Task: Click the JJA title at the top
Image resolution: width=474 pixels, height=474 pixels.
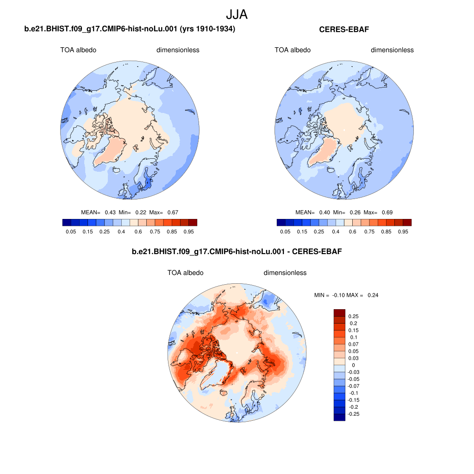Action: click(237, 14)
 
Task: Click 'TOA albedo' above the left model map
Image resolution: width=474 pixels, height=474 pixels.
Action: click(78, 50)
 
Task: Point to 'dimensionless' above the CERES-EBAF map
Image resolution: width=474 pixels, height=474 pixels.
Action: click(392, 50)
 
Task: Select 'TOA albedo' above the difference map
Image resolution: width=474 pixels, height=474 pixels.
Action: click(185, 273)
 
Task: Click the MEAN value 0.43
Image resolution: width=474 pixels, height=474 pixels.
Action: click(110, 212)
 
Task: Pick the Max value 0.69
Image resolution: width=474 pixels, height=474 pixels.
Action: click(387, 212)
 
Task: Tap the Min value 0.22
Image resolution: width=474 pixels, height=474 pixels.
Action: click(141, 212)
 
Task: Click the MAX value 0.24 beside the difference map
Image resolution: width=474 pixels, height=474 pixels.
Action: click(373, 295)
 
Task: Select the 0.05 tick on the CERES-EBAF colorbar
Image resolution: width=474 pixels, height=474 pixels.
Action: click(285, 231)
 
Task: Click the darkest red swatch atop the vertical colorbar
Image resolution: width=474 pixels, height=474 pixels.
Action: click(339, 313)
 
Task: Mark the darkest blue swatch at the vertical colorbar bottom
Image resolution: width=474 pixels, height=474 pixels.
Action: click(339, 417)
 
